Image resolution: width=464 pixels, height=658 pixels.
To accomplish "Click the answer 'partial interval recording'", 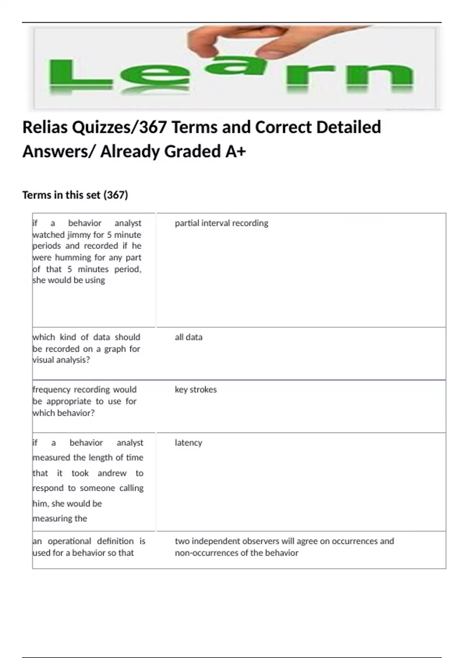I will point(221,223).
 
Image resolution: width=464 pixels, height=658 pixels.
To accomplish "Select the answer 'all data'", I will point(188,337).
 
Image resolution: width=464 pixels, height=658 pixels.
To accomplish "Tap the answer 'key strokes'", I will point(196,389).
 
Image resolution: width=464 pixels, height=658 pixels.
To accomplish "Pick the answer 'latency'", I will point(188,442).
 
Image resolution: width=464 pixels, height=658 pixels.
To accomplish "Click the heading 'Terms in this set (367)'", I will point(75,195).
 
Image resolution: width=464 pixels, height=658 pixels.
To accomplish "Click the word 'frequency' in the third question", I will point(51,389).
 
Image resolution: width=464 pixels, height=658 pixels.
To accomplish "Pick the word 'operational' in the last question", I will point(69,541).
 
